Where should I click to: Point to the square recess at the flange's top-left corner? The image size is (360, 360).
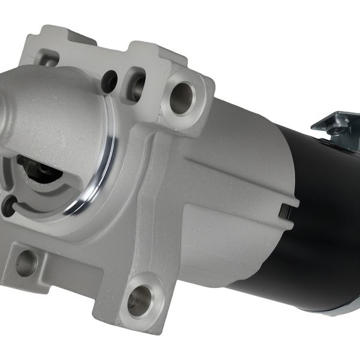[x=47, y=58]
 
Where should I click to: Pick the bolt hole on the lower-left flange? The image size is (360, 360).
[x=26, y=263]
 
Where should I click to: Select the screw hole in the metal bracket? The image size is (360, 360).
[x=341, y=128]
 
